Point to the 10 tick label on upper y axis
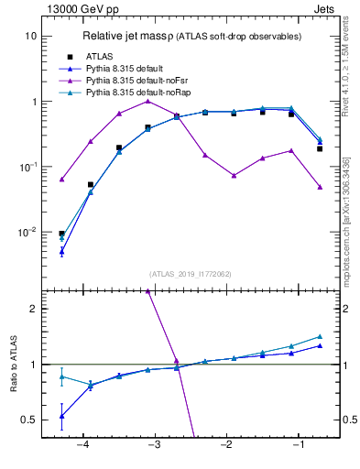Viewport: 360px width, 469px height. point(29,36)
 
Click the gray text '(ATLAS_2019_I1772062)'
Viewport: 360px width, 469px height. point(190,274)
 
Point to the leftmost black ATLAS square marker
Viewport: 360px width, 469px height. point(61,234)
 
